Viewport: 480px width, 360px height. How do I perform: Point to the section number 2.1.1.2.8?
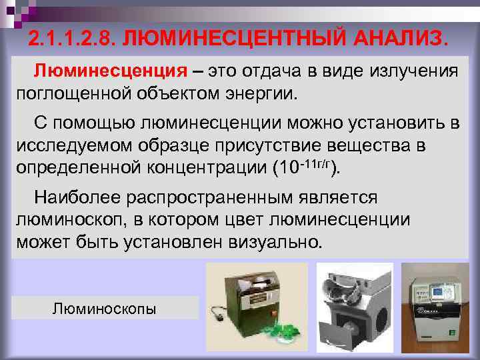click(74, 39)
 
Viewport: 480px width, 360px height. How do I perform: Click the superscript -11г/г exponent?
click(315, 160)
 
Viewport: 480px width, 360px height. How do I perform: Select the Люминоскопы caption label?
click(105, 309)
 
